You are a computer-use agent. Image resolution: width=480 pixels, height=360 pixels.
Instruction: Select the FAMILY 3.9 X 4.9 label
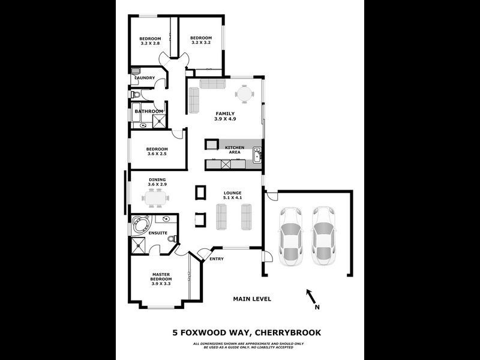point(226,116)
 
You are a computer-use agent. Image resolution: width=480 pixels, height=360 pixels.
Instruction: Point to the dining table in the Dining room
point(156,197)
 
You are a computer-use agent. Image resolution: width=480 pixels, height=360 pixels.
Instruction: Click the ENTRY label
point(217,259)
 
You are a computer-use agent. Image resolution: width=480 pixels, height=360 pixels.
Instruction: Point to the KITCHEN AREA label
point(234,150)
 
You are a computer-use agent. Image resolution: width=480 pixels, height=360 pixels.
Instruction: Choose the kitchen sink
point(256,157)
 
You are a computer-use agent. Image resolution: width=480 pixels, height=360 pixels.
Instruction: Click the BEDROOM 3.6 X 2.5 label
point(157,151)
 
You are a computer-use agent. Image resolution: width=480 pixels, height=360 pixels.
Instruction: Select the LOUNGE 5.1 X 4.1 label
point(232,196)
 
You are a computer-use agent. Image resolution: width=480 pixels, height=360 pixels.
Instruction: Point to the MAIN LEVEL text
point(252,299)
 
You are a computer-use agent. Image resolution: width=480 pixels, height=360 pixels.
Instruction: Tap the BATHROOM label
point(148,111)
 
